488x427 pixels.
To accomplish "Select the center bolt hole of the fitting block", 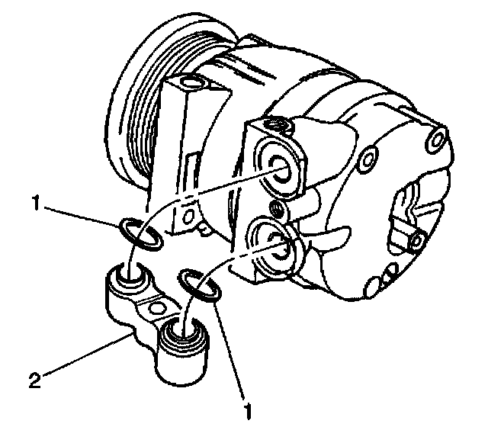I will tap(157, 309).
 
